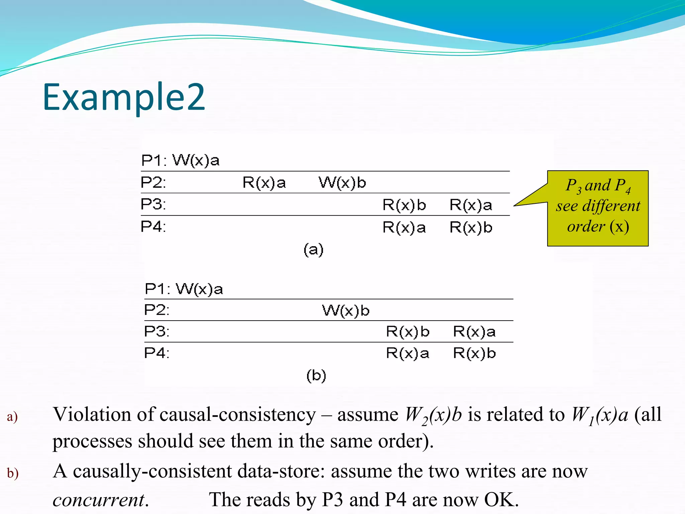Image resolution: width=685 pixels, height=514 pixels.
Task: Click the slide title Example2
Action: (124, 97)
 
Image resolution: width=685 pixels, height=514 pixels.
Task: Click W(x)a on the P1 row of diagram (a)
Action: (196, 161)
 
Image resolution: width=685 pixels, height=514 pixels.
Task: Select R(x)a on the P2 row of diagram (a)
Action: (264, 183)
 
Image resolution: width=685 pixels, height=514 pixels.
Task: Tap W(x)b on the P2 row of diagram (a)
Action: (342, 183)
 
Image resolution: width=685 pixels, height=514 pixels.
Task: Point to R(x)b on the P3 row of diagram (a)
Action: (404, 205)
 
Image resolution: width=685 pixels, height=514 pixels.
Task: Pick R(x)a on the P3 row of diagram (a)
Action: (471, 205)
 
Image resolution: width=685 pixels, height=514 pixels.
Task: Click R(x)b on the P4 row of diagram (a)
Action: (471, 228)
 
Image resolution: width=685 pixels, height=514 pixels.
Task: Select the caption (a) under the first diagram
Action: (313, 250)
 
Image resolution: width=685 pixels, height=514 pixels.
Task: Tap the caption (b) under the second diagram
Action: (316, 375)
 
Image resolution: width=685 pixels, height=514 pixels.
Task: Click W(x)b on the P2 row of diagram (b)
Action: (346, 311)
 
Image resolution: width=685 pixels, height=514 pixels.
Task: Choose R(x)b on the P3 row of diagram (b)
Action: (407, 332)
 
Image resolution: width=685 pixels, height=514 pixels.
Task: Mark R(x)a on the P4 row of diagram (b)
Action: (407, 353)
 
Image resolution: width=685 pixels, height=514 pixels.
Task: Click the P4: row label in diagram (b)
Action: (157, 353)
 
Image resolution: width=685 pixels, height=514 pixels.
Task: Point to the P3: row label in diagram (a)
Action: (153, 204)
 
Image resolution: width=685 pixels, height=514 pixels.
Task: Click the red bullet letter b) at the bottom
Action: (13, 473)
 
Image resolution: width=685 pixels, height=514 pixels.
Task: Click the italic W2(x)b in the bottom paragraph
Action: (433, 415)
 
